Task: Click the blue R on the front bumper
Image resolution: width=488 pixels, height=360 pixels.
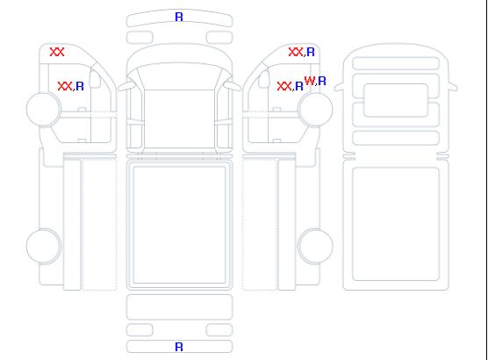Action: tap(179, 17)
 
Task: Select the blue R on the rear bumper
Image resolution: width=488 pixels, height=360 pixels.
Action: tap(179, 347)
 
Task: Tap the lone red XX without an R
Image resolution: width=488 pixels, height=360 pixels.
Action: tap(57, 52)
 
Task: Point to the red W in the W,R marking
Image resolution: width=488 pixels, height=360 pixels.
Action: tap(309, 81)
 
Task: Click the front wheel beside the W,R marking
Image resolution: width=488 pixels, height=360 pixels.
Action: tap(316, 109)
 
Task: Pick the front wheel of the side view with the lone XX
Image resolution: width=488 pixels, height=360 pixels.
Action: tap(44, 109)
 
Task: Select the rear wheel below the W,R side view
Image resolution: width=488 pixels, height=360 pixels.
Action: tap(316, 246)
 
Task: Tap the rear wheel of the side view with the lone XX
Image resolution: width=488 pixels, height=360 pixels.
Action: tap(44, 246)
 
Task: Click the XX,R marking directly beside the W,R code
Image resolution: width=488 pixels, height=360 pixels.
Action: tap(290, 86)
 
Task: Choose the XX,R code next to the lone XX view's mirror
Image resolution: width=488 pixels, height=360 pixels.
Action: tap(70, 86)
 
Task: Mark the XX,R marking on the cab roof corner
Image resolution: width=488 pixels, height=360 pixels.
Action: tap(302, 52)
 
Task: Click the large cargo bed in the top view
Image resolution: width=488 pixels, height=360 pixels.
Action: tap(179, 225)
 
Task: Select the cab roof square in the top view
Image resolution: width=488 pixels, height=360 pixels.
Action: tap(179, 119)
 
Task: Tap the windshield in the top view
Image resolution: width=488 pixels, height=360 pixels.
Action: tap(179, 76)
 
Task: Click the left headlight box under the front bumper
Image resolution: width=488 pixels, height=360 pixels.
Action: tap(140, 38)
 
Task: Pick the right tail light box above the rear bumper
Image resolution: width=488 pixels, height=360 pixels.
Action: tap(219, 330)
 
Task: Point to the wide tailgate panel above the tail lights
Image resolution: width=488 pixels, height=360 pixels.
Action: tap(179, 307)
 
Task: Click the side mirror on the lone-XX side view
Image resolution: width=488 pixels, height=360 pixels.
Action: tap(96, 79)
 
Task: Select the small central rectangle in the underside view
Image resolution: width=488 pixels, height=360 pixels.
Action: tap(396, 100)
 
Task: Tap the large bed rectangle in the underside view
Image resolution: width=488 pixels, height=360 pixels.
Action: tap(396, 224)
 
